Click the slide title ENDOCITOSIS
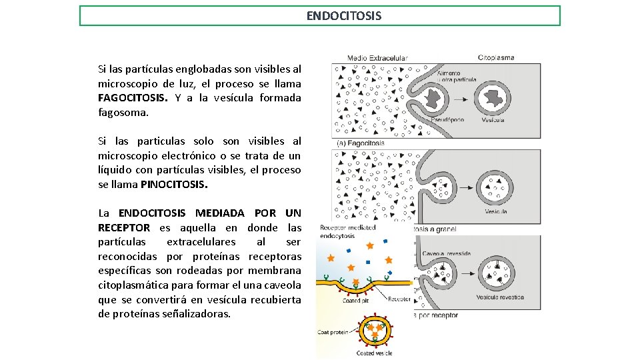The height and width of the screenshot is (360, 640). tap(344, 15)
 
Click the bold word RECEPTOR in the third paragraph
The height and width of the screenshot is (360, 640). tap(124, 227)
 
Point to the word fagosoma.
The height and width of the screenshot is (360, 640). tap(123, 113)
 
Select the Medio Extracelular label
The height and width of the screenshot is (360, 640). tap(377, 58)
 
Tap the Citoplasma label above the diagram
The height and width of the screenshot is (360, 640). tap(496, 57)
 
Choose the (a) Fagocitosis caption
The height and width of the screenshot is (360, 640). tap(361, 143)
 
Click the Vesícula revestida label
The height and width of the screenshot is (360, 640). tap(500, 297)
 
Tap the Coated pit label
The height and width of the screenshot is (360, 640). tap(355, 300)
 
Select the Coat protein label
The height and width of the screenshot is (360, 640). tap(332, 332)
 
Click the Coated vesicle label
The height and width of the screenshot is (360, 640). tap(374, 353)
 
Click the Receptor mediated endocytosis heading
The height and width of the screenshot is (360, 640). tap(348, 231)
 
